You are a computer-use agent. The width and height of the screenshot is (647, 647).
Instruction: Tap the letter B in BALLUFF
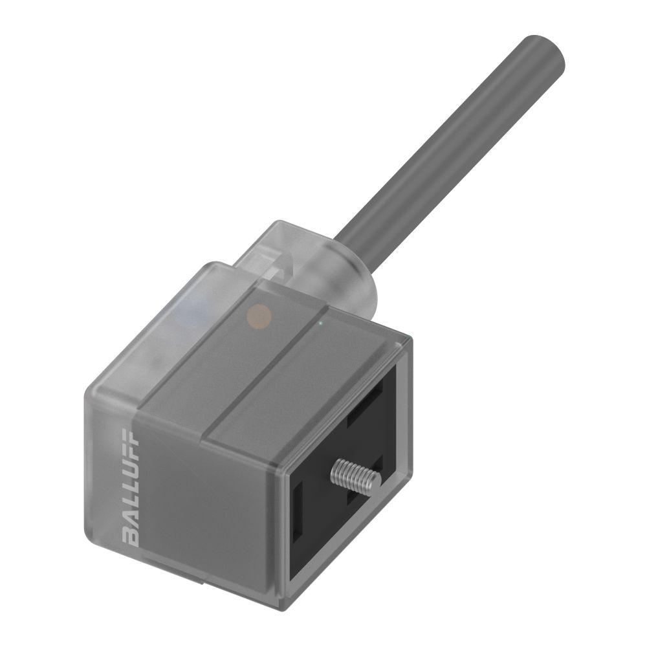coord(130,536)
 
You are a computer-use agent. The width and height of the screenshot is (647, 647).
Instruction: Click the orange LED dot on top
coord(259,315)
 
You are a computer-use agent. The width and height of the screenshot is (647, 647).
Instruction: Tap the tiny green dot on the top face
coord(320,322)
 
